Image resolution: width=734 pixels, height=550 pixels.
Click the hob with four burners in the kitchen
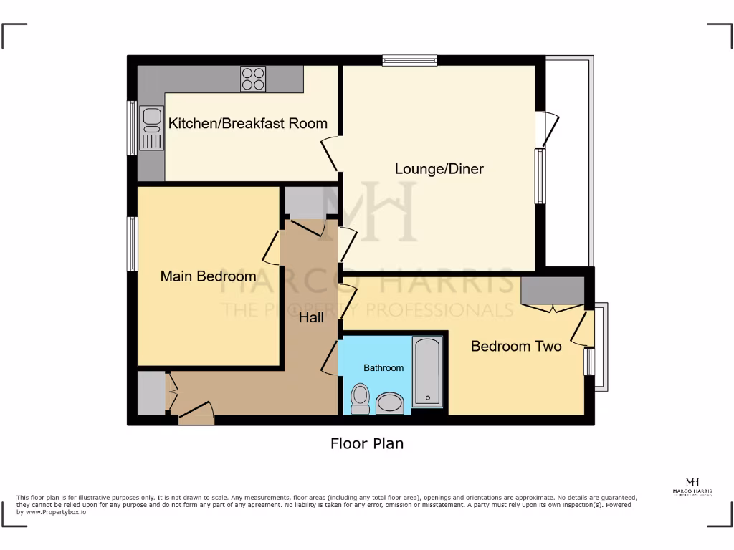pos(252,79)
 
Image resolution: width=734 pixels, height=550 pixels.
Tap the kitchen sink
pos(152,127)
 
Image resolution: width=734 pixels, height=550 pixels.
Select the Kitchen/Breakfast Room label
pos(247,123)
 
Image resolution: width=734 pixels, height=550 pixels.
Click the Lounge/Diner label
pos(439,169)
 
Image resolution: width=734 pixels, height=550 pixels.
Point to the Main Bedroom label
pos(208,276)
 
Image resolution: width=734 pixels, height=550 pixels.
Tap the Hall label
pos(311,317)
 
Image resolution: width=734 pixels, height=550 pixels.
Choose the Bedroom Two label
pos(515,347)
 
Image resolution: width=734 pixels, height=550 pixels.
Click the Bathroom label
pos(383,368)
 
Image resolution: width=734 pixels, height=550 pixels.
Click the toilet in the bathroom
pos(360,398)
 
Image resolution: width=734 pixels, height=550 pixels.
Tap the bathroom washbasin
pos(391,403)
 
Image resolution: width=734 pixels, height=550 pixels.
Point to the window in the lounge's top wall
pos(409,61)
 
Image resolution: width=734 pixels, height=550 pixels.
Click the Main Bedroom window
pos(133,244)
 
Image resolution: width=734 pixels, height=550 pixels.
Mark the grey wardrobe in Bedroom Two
pos(552,291)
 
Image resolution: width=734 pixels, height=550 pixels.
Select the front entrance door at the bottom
pos(196,414)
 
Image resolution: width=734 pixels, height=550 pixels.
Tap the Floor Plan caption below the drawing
pos(366,444)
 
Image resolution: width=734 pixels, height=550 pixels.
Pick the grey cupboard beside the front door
pos(151,392)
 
